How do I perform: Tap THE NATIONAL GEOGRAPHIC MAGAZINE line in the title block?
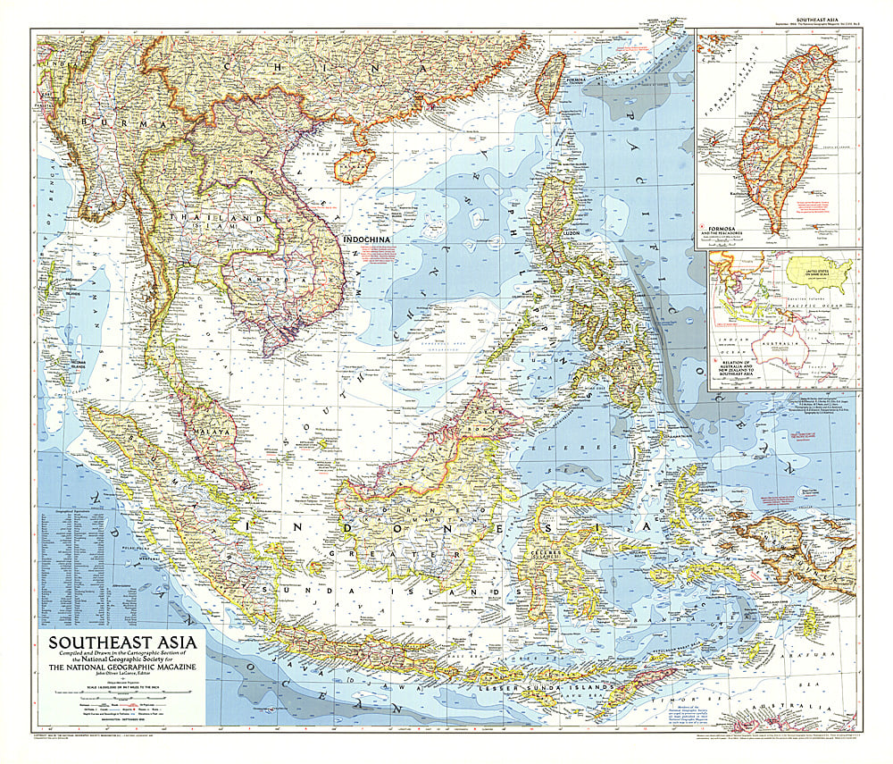pos(122,666)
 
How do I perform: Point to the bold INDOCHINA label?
pos(370,239)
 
